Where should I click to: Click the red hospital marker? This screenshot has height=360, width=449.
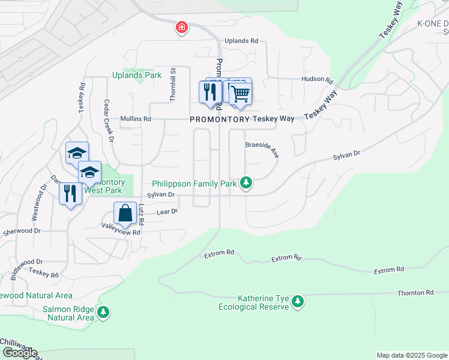[x=181, y=28]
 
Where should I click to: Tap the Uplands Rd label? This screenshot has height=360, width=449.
[x=241, y=41]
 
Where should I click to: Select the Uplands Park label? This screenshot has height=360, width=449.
[x=136, y=76]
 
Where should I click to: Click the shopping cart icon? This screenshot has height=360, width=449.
[x=240, y=93]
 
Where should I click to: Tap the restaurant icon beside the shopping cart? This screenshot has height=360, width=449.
[x=209, y=92]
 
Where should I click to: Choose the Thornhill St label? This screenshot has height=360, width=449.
[x=172, y=84]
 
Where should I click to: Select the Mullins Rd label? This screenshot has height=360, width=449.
[x=135, y=119]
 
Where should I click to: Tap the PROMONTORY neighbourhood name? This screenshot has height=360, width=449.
[x=219, y=119]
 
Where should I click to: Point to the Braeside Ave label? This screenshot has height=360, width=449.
[x=262, y=149]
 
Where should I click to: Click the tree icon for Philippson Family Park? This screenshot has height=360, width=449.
[x=246, y=182]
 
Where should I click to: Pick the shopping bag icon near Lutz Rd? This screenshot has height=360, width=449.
[x=124, y=213]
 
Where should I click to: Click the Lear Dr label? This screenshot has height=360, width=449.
[x=167, y=212]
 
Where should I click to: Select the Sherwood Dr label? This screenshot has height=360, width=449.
[x=20, y=230]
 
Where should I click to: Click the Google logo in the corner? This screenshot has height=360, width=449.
[x=20, y=353]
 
